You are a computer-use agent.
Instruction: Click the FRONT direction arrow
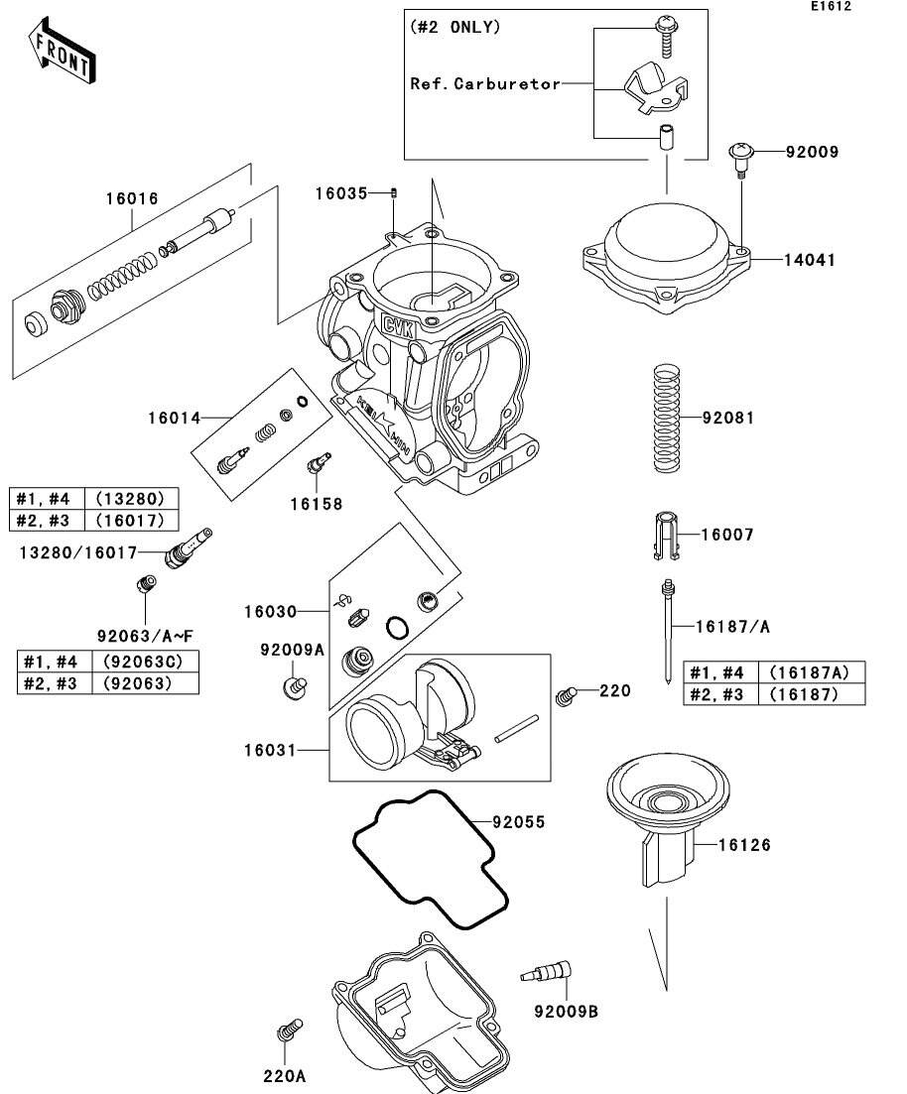click(x=63, y=52)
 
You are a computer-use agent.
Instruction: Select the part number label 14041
click(x=810, y=261)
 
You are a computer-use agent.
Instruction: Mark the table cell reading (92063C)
click(x=144, y=662)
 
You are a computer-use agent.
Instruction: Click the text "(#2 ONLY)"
click(x=455, y=28)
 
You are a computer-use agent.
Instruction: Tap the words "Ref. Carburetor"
click(x=485, y=83)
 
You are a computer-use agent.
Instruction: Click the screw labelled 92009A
click(x=294, y=687)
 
